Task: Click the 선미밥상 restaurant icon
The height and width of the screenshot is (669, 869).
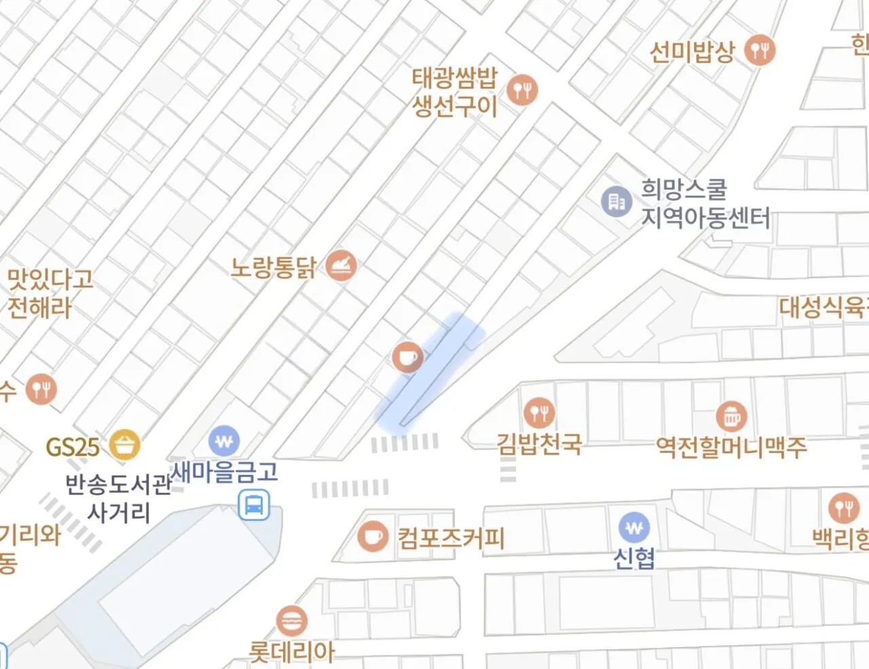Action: tap(760, 50)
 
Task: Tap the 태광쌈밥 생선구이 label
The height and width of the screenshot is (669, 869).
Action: tap(455, 92)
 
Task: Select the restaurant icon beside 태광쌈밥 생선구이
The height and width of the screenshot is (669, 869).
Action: tap(522, 90)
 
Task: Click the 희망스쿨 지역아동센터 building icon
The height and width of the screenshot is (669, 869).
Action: tap(616, 202)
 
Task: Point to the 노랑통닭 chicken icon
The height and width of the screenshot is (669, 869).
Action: tap(341, 265)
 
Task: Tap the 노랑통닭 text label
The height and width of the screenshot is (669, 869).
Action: tap(274, 267)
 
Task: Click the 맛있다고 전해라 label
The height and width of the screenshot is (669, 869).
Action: tap(50, 293)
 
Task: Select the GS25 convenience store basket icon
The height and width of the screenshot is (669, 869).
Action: tap(125, 445)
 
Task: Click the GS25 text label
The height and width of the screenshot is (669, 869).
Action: tap(73, 447)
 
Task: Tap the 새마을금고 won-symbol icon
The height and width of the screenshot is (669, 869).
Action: tap(224, 441)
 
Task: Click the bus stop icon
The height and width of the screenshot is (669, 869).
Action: tap(254, 505)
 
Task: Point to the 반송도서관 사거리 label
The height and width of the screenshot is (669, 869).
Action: tap(118, 498)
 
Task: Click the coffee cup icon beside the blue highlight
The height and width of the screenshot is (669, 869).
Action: tap(407, 357)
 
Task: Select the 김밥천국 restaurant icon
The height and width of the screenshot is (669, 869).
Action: tap(539, 412)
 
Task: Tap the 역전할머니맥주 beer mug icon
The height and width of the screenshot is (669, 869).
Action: tap(731, 417)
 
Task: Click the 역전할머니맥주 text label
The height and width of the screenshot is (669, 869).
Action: tap(731, 446)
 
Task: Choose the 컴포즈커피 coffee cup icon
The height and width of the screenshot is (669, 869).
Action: tap(373, 536)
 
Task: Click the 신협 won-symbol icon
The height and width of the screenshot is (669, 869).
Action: tap(634, 527)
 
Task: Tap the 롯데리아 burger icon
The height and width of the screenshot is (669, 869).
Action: tap(292, 620)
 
